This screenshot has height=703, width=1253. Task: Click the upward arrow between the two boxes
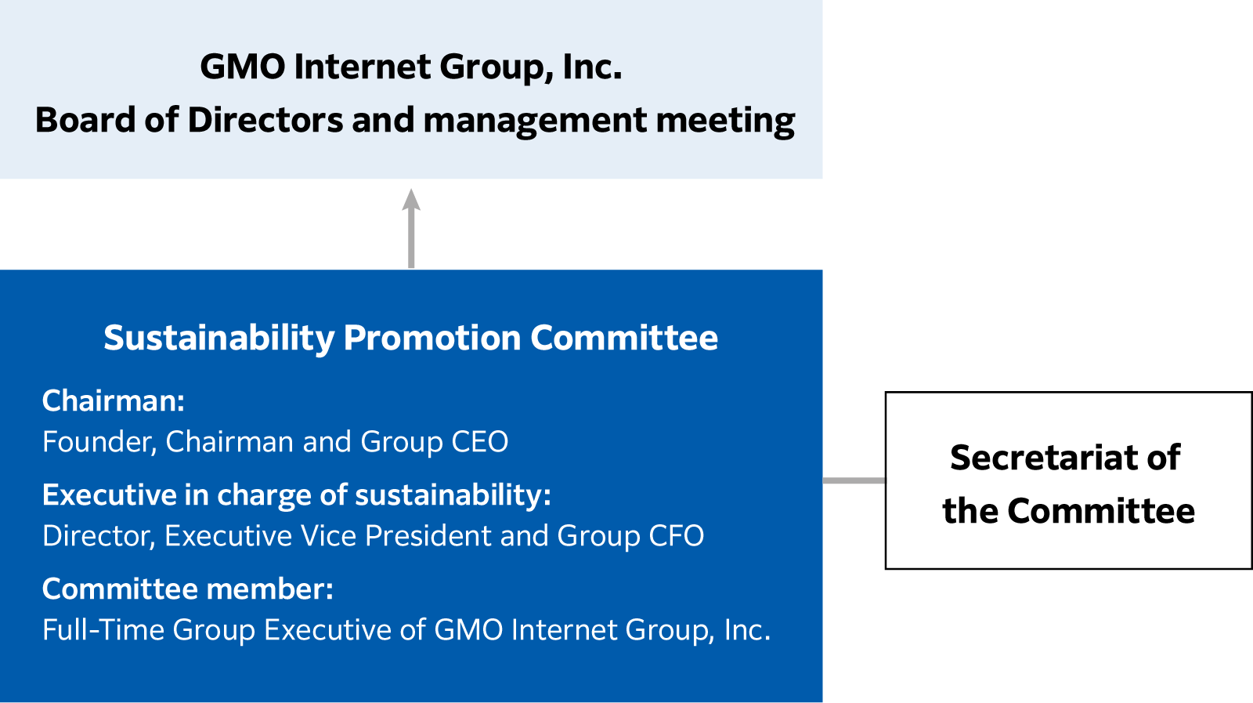(x=411, y=228)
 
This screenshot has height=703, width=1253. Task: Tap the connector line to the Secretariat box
(x=854, y=480)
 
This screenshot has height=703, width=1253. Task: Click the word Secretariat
(x=1038, y=458)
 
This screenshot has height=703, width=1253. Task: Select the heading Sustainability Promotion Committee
(x=410, y=339)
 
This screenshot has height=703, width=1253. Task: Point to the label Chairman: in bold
(x=114, y=400)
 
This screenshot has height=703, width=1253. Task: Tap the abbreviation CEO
(x=480, y=441)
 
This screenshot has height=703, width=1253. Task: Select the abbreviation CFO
(x=676, y=535)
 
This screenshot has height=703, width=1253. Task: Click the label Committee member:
(x=188, y=589)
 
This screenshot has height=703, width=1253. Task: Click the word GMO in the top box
(x=243, y=67)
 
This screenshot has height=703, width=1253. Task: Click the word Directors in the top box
(x=265, y=120)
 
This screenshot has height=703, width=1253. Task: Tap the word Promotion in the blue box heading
(x=432, y=339)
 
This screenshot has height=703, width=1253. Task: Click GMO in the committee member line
(x=468, y=629)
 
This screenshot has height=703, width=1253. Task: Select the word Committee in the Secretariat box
(x=1101, y=512)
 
